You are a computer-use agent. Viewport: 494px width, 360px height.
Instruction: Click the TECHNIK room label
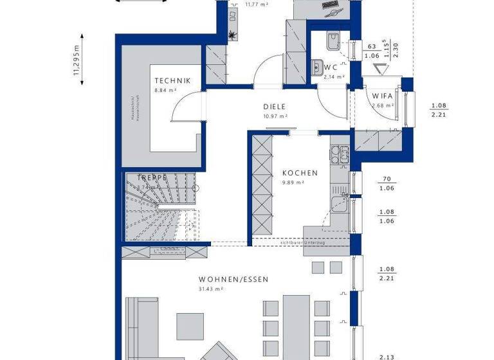[172, 80]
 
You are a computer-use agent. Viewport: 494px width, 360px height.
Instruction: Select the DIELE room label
[274, 107]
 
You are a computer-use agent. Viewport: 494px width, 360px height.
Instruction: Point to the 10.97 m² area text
[275, 116]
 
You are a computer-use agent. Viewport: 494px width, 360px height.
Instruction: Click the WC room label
[331, 67]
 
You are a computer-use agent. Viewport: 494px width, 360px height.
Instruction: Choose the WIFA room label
[383, 96]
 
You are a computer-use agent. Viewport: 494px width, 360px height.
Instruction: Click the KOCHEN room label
[300, 173]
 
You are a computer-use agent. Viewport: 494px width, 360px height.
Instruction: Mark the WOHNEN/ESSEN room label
[233, 280]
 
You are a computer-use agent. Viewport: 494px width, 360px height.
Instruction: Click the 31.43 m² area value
[210, 289]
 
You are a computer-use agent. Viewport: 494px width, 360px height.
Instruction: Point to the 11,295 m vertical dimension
[77, 65]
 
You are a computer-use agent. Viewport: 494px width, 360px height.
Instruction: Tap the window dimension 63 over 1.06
[371, 51]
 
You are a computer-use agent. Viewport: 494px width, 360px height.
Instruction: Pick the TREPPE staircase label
[152, 177]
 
